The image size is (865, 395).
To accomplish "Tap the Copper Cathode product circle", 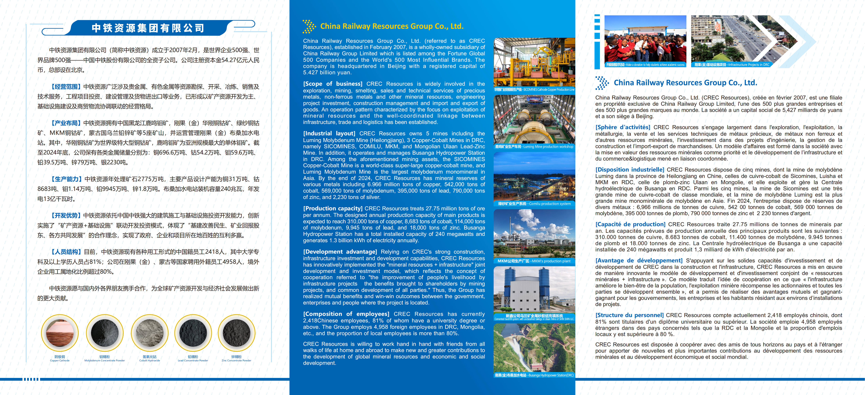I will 60,333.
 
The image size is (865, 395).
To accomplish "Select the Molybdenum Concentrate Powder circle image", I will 104,333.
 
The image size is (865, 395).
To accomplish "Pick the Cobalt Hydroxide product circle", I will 149,333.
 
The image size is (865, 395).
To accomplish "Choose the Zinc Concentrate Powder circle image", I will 236,333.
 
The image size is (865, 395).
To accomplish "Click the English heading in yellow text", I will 392,26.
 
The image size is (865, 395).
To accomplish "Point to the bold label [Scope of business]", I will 332,84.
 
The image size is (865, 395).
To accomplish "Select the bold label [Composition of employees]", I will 346,314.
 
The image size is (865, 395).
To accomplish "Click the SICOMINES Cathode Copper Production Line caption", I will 534,89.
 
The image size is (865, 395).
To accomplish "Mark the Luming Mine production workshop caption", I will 534,147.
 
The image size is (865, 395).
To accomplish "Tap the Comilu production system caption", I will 534,204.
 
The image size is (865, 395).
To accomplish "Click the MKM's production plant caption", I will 534,261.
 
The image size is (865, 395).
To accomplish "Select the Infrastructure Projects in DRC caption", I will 732,65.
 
